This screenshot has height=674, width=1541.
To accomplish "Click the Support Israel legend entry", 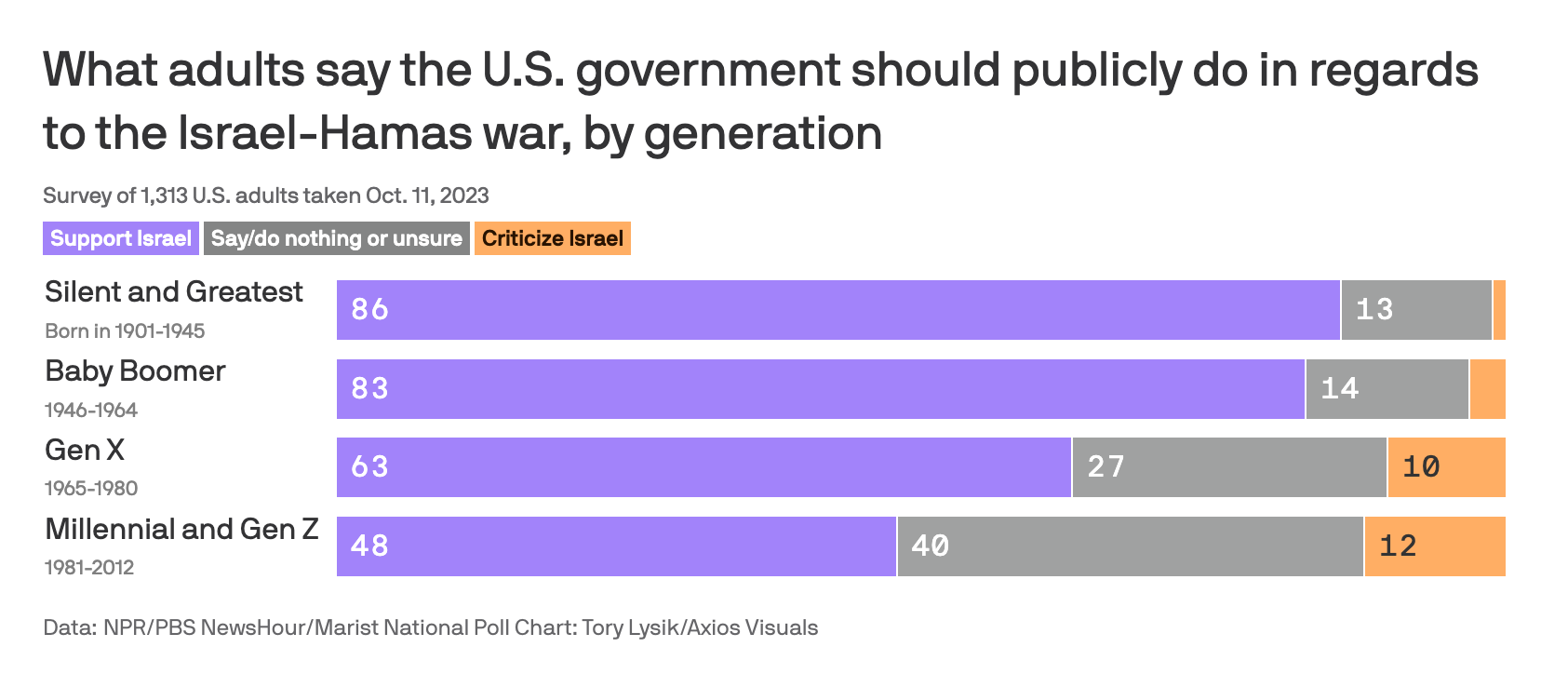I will [121, 238].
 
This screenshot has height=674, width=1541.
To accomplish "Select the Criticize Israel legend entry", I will [552, 238].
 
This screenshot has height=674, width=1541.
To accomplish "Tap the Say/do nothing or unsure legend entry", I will [336, 238].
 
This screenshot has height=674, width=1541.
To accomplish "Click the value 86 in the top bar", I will [370, 309].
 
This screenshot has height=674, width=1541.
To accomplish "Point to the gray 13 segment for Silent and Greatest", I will [1415, 309].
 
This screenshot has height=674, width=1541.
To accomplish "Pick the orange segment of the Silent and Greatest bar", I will [1499, 309].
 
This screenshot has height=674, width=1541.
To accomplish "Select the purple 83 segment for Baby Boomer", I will [820, 388].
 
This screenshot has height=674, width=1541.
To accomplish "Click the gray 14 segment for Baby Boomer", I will [1387, 388].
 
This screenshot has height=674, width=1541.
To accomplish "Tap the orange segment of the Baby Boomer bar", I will [1487, 388].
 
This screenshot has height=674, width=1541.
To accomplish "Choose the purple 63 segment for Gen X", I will [703, 466].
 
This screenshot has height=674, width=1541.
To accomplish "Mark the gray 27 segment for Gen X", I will [1228, 466].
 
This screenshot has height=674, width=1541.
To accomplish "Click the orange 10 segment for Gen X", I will [1446, 466].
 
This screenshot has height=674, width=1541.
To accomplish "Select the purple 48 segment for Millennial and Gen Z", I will [616, 546].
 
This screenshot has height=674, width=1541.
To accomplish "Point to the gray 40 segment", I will [1130, 546].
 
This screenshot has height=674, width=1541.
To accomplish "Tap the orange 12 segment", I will [1434, 546].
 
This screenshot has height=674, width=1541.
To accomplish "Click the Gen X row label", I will [85, 451].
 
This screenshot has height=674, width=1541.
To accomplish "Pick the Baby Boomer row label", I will [135, 371].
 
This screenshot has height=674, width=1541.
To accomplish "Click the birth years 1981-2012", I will [89, 567].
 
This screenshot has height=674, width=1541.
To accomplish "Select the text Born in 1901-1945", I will [125, 330].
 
